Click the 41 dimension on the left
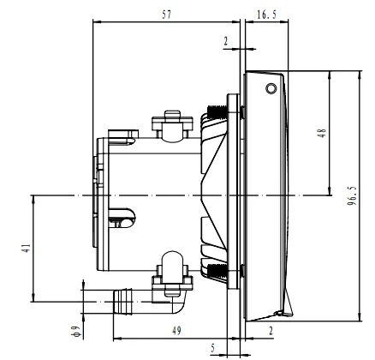click(x=27, y=249)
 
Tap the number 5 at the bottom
click(x=213, y=348)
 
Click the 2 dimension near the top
click(x=225, y=40)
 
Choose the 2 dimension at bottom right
click(x=270, y=329)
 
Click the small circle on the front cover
click(x=271, y=89)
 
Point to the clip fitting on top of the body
click(x=170, y=123)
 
